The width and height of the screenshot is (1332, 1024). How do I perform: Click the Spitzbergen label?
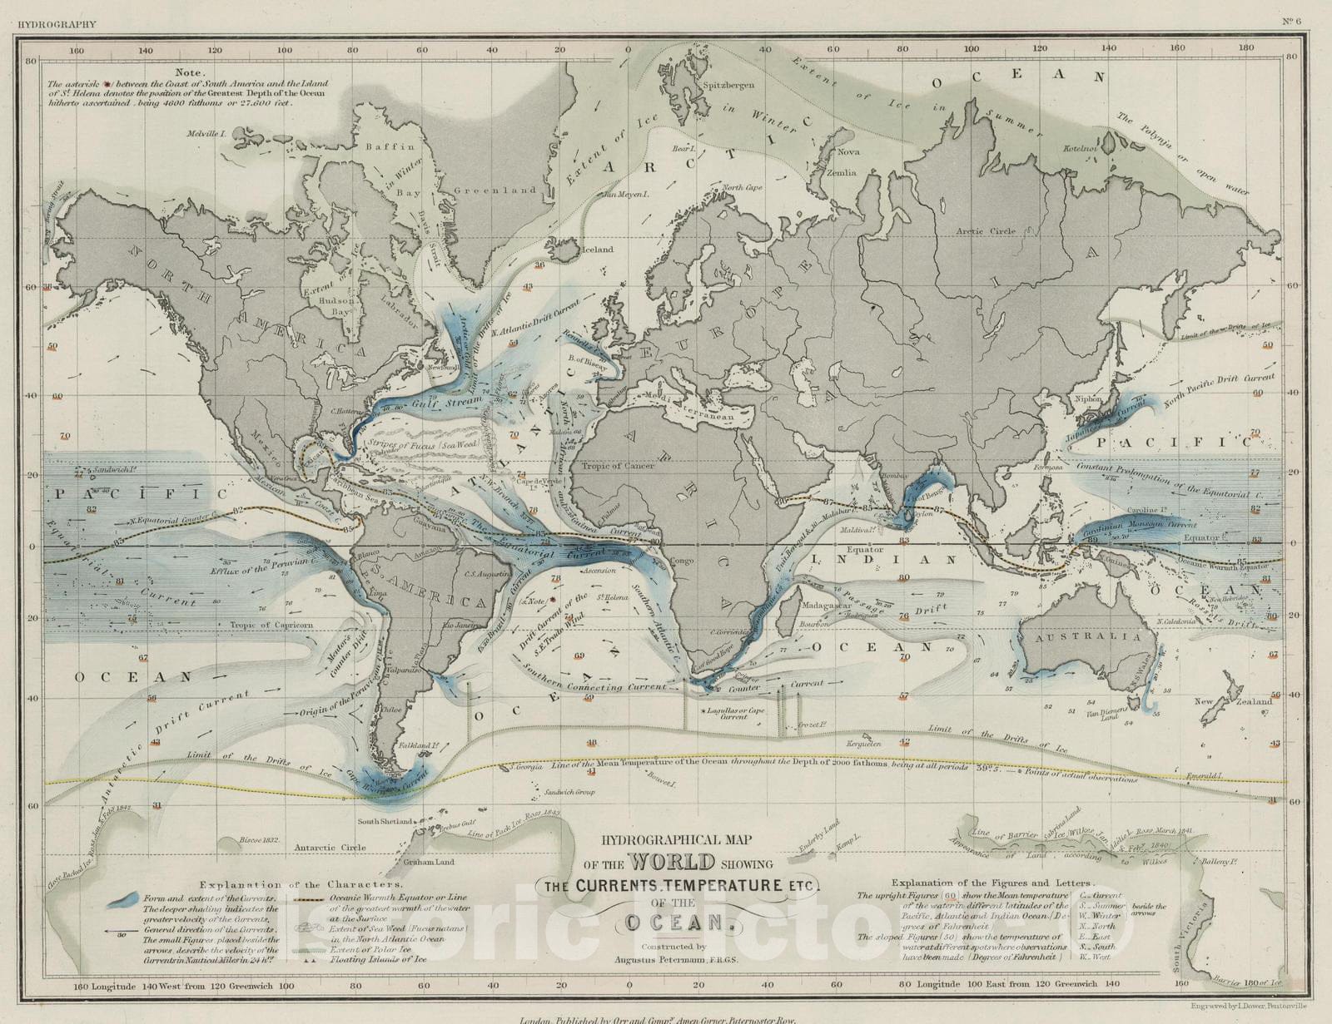point(728,85)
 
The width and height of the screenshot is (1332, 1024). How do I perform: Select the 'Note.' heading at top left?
point(189,72)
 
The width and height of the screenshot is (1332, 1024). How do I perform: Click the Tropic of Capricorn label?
point(271,625)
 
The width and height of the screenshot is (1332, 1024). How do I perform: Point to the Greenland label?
point(495,190)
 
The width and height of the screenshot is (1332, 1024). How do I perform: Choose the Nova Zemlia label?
point(847,162)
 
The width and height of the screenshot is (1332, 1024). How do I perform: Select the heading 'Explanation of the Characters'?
point(301,884)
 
